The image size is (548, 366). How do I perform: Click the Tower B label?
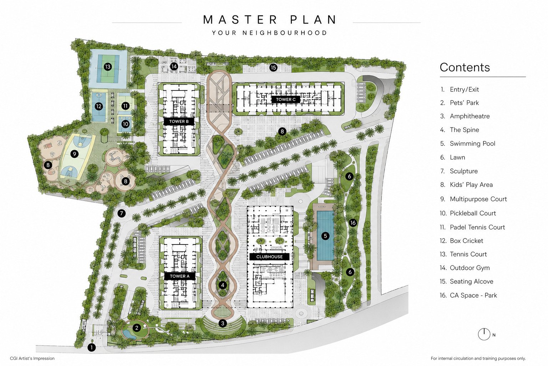click(179, 122)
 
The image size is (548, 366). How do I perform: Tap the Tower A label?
click(179, 276)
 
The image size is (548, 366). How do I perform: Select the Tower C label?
click(285, 99)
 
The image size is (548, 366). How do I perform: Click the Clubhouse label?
click(269, 257)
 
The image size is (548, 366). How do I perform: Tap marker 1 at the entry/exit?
click(91, 347)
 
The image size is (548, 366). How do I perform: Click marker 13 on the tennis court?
click(108, 67)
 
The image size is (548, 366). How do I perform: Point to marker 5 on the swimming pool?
click(325, 236)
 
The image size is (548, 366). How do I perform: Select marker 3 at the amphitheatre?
click(223, 323)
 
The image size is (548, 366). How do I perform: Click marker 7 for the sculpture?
click(121, 213)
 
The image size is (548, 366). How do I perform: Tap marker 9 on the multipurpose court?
click(74, 154)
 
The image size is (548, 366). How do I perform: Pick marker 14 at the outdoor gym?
click(174, 66)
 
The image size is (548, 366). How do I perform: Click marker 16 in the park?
click(353, 223)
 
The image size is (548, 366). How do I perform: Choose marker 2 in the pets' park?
click(137, 328)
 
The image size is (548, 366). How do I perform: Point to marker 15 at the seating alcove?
click(273, 68)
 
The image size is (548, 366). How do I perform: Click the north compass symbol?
click(484, 334)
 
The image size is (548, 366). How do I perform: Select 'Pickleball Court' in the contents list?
click(473, 213)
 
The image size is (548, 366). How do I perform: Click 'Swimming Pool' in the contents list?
click(472, 144)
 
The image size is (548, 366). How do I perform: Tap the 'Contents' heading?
click(465, 67)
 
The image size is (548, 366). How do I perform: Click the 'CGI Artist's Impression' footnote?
click(32, 358)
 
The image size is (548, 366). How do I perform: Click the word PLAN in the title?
click(314, 20)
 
